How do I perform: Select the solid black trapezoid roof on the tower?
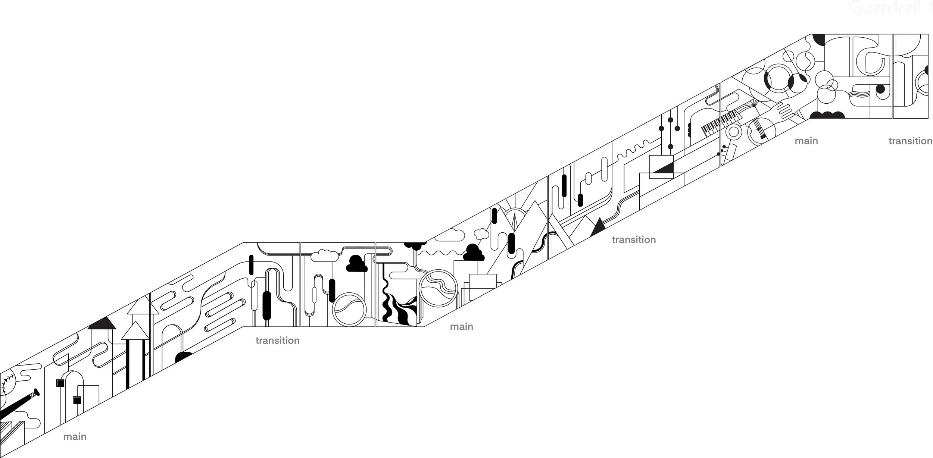point(102,323)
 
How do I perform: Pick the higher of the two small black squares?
point(60,383)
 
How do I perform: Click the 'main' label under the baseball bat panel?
point(75,436)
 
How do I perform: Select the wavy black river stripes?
point(397,310)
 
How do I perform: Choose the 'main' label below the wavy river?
point(461,327)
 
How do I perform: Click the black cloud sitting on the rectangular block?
point(474,252)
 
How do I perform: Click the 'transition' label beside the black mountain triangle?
point(634,239)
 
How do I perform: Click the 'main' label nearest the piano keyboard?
point(806,141)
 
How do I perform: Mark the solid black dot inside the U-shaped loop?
point(880,90)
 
